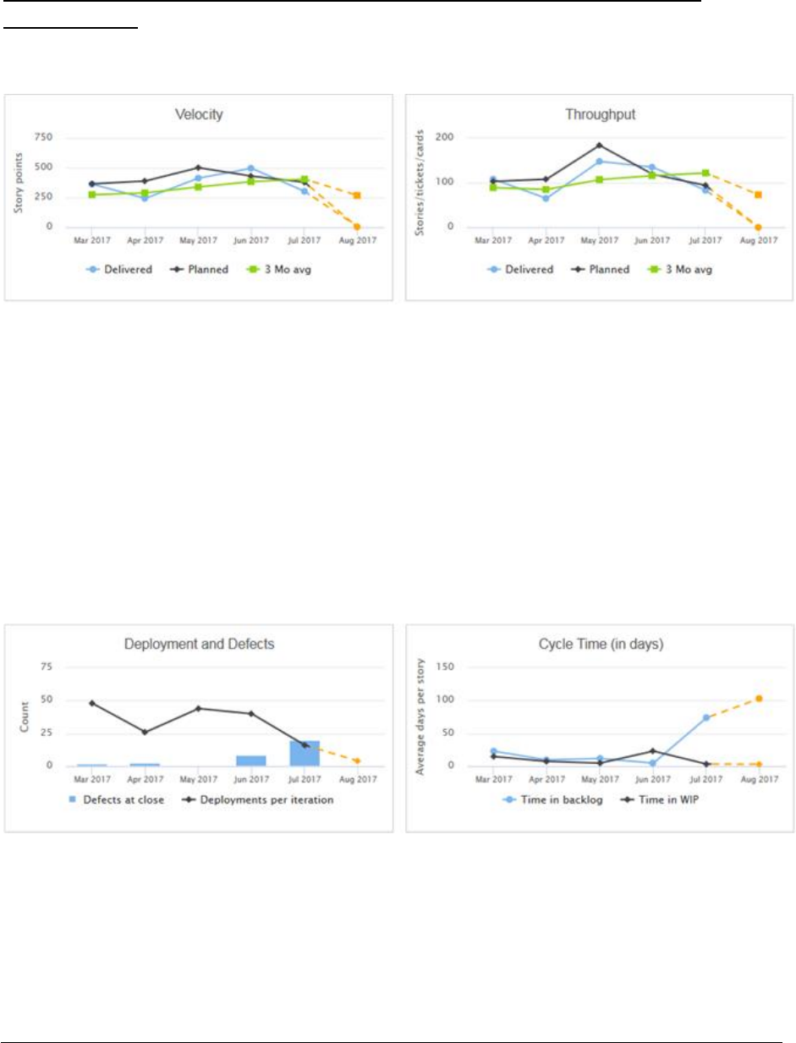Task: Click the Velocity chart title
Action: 197,114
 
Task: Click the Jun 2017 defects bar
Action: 251,760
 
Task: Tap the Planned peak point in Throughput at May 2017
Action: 599,145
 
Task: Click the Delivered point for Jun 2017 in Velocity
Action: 251,168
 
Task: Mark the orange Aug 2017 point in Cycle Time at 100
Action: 759,699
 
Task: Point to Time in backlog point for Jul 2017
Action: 705,717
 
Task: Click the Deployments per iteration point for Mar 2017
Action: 91,703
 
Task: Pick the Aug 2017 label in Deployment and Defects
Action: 357,779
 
